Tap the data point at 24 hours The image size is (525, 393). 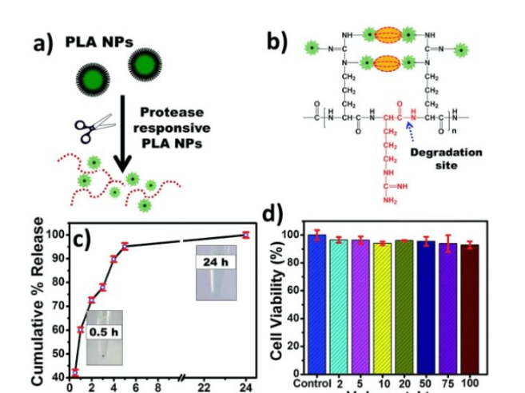[x=246, y=235]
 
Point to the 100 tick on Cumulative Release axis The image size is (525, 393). [x=55, y=235]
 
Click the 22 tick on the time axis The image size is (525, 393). [x=204, y=387]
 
